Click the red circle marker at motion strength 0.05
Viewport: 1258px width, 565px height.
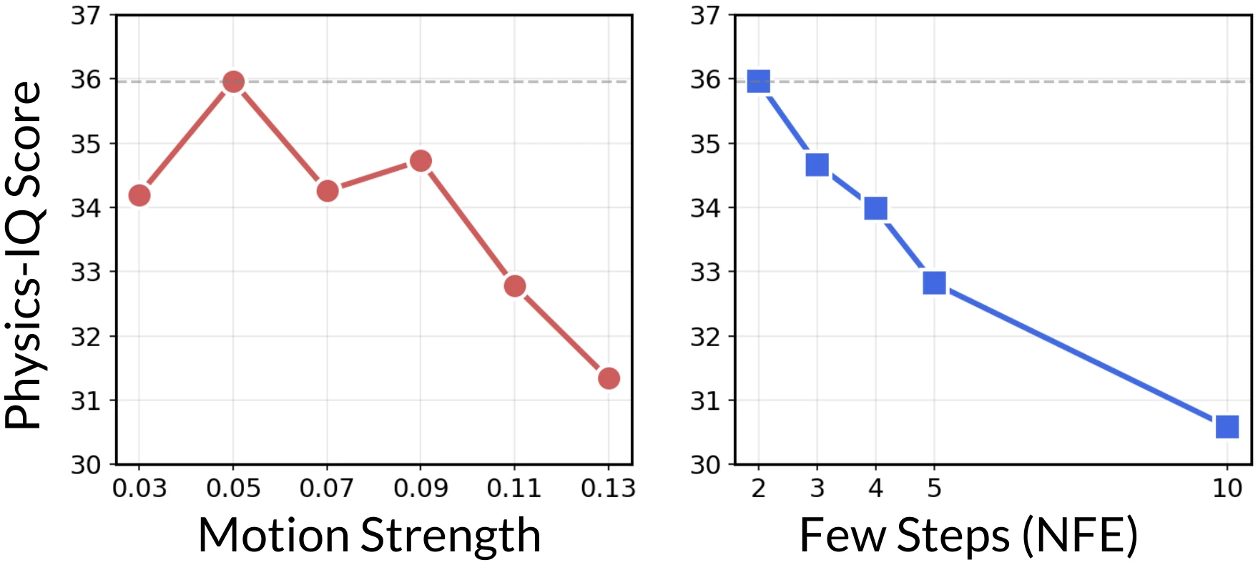233,82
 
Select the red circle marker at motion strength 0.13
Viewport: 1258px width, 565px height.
609,378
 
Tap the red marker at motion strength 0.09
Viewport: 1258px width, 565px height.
421,161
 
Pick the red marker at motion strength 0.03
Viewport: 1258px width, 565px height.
139,195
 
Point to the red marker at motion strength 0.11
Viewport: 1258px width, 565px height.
515,286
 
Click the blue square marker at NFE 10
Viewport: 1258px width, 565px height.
1227,427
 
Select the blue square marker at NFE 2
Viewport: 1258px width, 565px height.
758,82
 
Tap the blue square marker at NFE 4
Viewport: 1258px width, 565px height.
875,208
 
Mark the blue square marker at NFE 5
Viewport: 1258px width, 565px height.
934,283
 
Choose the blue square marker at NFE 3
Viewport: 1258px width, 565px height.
817,165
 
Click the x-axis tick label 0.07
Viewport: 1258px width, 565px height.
327,488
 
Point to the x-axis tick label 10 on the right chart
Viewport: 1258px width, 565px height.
1227,488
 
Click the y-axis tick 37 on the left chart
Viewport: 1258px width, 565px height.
86,15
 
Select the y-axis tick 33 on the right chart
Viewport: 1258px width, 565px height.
704,272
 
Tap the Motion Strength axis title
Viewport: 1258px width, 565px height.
369,535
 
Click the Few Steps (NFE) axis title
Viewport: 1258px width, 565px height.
968,535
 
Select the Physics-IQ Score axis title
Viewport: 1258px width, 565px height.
24,254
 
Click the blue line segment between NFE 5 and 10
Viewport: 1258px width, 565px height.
1080,355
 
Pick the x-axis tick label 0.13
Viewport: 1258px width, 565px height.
608,488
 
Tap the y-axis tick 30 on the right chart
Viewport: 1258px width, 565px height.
704,465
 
